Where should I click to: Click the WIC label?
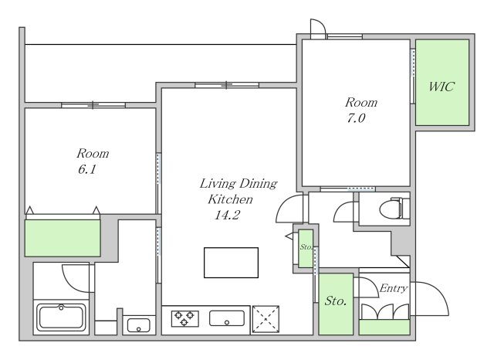(x=442, y=87)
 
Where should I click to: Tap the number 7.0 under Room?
(x=356, y=118)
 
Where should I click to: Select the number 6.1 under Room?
(x=87, y=170)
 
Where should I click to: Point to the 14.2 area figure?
(x=227, y=215)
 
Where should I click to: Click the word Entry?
(x=394, y=288)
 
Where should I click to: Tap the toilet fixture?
(x=394, y=208)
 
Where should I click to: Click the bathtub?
(x=62, y=318)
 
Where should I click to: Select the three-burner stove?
(x=185, y=318)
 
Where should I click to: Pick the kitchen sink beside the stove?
(x=227, y=318)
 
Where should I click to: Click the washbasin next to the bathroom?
(x=139, y=325)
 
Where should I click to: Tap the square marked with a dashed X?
(x=266, y=319)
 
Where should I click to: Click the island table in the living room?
(x=232, y=263)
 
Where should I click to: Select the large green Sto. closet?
(x=336, y=304)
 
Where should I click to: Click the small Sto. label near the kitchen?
(x=306, y=247)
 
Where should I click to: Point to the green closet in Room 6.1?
(x=63, y=238)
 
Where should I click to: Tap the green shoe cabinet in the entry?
(x=384, y=328)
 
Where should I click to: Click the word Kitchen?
(x=230, y=199)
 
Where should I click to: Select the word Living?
(x=218, y=184)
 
